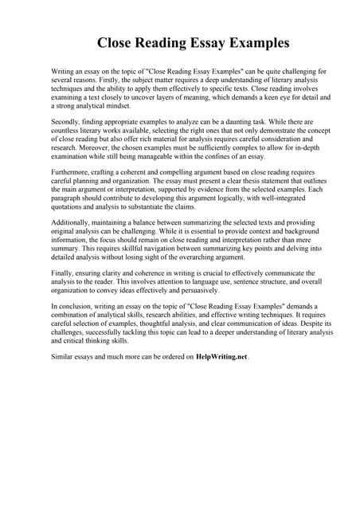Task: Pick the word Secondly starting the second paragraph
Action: [67, 124]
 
